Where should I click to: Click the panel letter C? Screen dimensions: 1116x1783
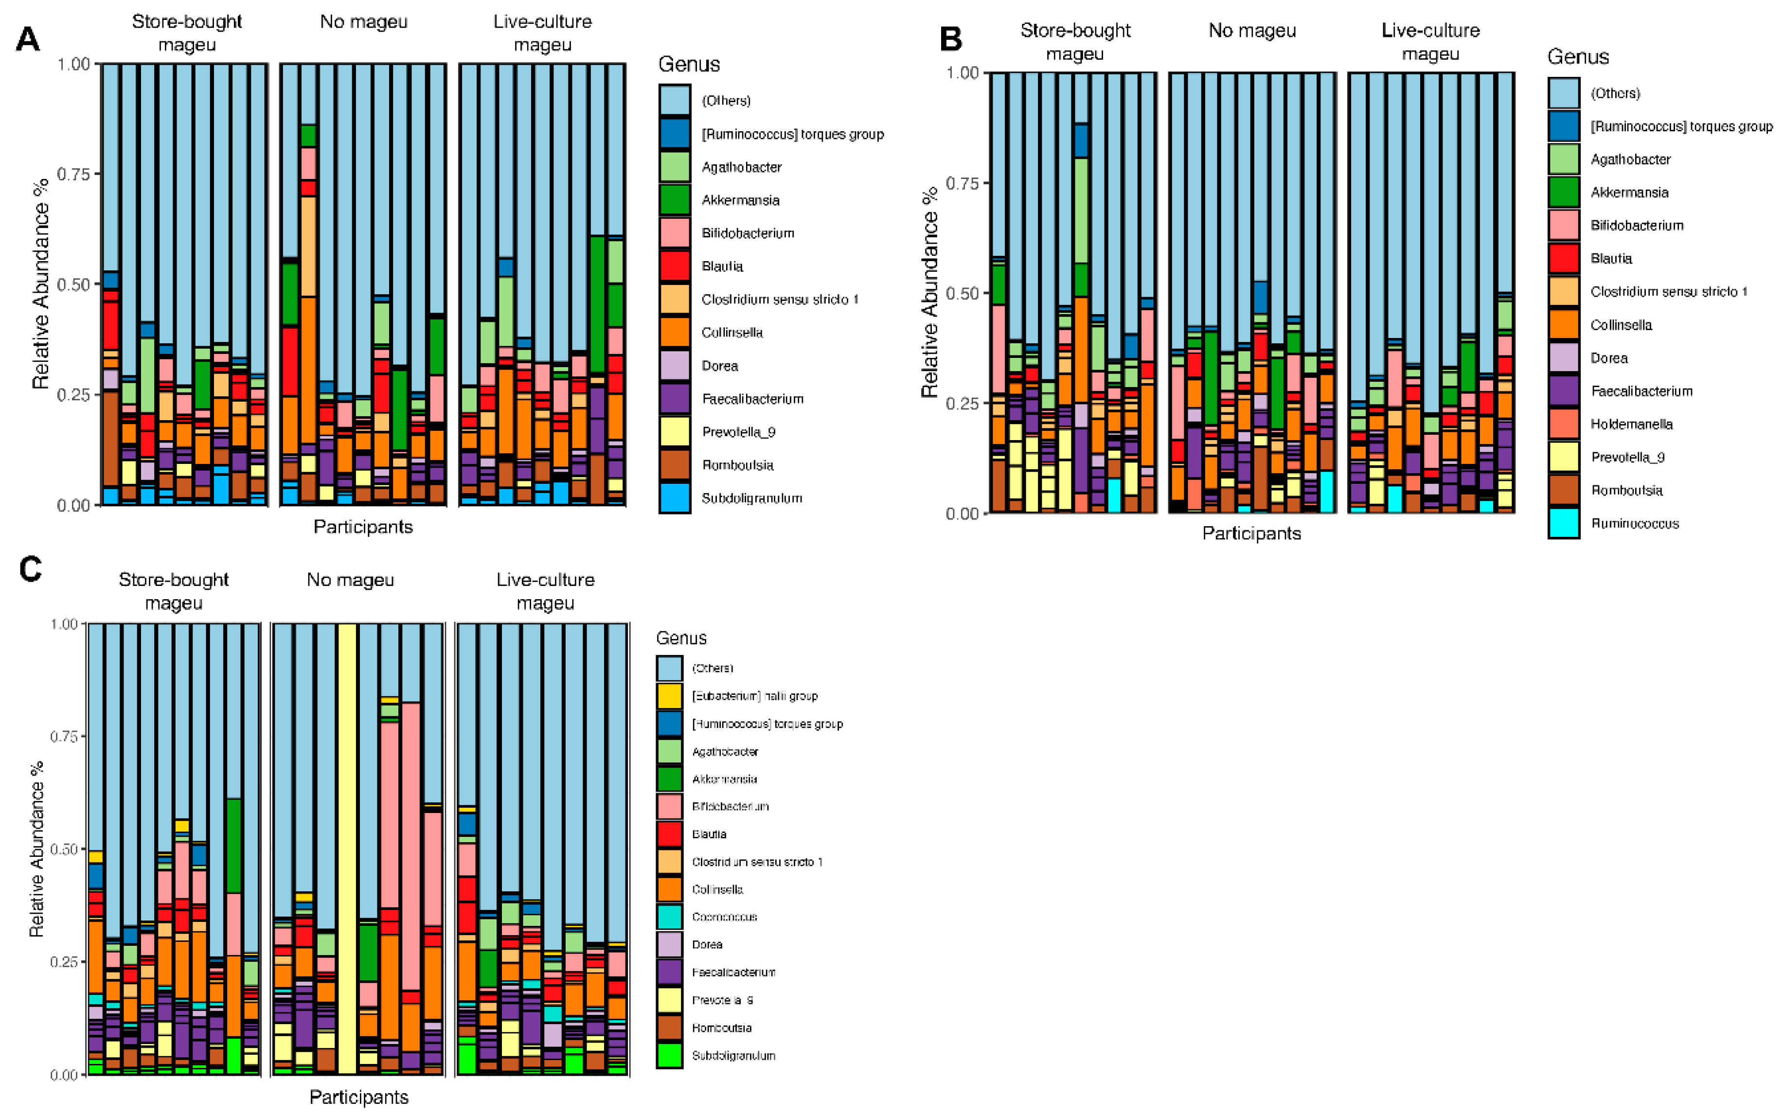click(x=30, y=569)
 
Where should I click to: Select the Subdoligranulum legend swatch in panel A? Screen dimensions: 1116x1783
click(x=675, y=497)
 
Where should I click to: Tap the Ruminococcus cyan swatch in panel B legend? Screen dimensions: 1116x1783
click(x=1563, y=523)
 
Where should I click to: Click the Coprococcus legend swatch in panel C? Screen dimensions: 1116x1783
click(x=669, y=917)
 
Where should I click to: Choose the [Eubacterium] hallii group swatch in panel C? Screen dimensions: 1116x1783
click(x=669, y=695)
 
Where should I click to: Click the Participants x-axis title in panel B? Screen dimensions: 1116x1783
click(x=1251, y=533)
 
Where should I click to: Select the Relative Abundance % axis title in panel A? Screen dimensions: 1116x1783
click(x=40, y=283)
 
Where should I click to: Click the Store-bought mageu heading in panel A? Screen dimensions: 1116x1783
click(x=187, y=33)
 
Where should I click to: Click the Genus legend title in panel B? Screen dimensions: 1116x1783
click(x=1577, y=57)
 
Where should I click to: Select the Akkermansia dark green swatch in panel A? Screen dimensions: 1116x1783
click(x=675, y=199)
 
